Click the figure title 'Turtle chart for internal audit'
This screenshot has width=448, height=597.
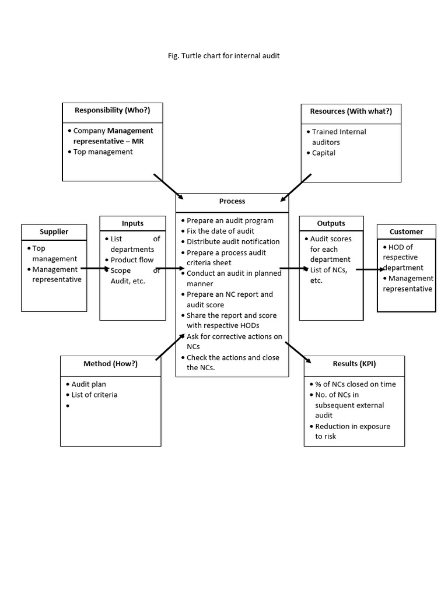[223, 56]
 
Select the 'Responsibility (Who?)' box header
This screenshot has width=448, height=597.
[112, 110]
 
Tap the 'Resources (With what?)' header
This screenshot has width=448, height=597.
[351, 111]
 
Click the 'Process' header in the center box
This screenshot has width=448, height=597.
[232, 201]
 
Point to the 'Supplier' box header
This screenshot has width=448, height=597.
[54, 231]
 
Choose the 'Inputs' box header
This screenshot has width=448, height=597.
[132, 223]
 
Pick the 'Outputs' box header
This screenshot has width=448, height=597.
[331, 223]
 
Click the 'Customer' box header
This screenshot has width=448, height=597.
[406, 231]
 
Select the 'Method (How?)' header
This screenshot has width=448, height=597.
[110, 364]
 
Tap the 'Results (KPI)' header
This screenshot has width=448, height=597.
[354, 364]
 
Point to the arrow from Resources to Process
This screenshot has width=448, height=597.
[296, 187]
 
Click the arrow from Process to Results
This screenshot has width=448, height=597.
[298, 352]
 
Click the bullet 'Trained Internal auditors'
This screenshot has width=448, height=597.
[338, 137]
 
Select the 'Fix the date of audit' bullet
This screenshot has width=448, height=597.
[220, 231]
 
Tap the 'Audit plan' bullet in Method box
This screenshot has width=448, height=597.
[88, 384]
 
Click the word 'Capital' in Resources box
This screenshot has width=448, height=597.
[323, 153]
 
